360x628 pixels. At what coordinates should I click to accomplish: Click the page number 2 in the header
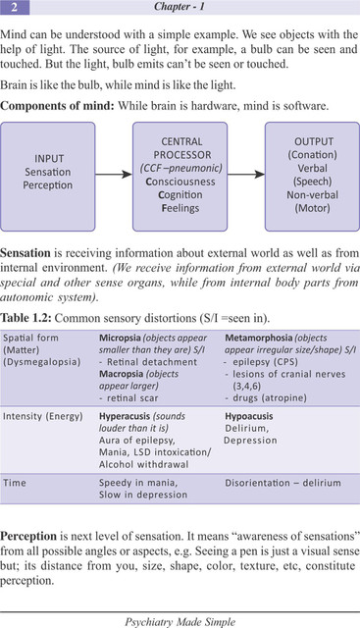pos(14,7)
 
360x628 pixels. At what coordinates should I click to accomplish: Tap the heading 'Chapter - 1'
pos(180,7)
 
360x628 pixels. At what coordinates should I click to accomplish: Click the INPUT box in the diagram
pos(48,177)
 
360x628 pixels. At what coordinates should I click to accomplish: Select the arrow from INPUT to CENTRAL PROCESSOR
pos(114,175)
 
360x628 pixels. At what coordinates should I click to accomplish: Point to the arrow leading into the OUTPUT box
pos(246,175)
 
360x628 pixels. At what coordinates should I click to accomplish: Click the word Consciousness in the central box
pos(180,182)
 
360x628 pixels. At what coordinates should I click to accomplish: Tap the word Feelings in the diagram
pos(180,208)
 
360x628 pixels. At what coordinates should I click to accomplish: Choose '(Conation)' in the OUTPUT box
pos(312,155)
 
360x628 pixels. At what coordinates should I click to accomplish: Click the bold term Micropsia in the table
pos(118,338)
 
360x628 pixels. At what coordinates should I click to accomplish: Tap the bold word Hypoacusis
pos(249,416)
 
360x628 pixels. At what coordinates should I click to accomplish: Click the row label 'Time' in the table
pos(15,483)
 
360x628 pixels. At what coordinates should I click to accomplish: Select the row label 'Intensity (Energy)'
pos(43,416)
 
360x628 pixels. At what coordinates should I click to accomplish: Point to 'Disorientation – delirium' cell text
pos(283,483)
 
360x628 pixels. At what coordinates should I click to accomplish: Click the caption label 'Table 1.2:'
pos(26,318)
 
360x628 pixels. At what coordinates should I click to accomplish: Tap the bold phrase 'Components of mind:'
pos(58,106)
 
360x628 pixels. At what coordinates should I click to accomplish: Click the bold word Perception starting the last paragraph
pos(28,537)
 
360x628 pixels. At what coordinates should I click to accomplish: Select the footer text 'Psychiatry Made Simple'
pos(180,622)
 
